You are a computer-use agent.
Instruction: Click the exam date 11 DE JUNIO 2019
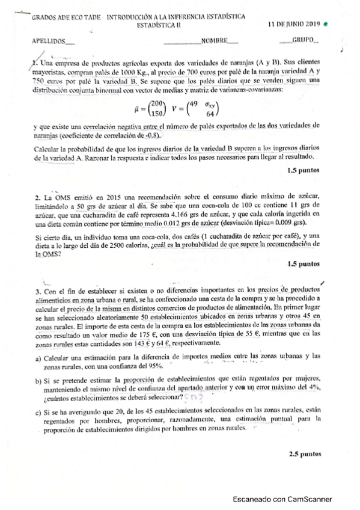pyautogui.click(x=294, y=24)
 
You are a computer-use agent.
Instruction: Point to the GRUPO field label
pyautogui.click(x=305, y=41)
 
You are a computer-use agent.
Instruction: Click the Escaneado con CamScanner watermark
pyautogui.click(x=284, y=499)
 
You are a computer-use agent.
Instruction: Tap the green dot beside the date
pyautogui.click(x=325, y=25)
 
